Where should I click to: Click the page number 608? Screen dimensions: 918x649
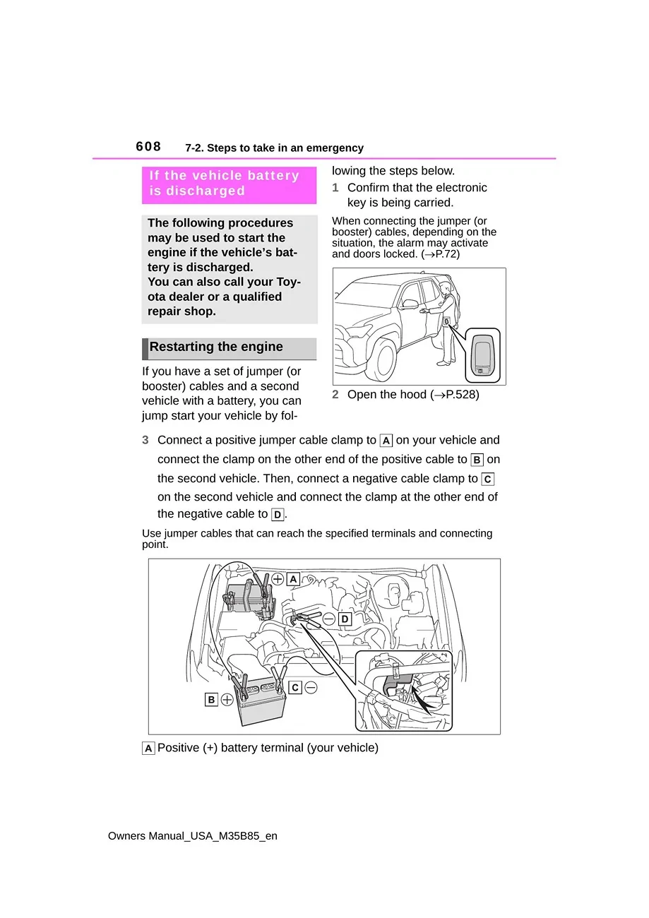[148, 147]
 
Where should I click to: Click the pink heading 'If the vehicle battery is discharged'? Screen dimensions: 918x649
[225, 184]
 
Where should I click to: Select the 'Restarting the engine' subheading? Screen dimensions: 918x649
[216, 347]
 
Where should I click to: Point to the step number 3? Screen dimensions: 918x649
[145, 441]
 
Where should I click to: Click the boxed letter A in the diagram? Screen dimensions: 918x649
[292, 579]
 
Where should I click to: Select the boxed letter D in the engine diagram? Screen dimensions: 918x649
[345, 619]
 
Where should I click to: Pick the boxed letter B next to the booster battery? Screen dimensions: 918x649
[211, 700]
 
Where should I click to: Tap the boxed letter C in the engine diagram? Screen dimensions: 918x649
[295, 687]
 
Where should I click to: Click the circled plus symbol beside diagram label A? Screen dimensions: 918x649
[278, 579]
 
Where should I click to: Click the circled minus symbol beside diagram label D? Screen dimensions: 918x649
[329, 619]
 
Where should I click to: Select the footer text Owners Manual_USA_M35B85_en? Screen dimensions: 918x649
[193, 836]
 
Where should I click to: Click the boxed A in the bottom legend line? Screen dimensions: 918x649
[148, 749]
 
